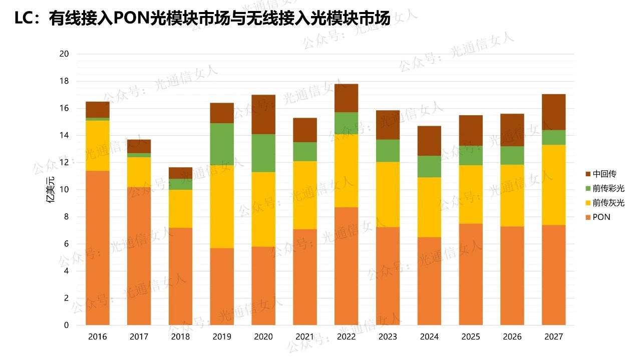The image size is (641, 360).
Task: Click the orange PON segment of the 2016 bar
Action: point(98,248)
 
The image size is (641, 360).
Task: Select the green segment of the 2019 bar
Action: point(222,145)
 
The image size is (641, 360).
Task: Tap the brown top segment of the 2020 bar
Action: point(263,114)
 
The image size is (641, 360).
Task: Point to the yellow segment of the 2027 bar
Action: point(554,185)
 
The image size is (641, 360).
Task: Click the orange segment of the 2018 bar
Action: point(180,276)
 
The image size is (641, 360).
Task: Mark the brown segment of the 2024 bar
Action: point(429,141)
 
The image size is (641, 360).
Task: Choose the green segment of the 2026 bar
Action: point(512,155)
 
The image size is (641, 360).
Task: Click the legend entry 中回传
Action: point(604,174)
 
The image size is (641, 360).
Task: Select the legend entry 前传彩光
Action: point(608,188)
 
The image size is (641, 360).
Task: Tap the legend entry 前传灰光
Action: point(608,203)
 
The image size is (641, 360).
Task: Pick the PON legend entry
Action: point(601,217)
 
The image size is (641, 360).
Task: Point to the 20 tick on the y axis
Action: point(64,54)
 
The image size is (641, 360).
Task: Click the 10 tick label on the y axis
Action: point(64,190)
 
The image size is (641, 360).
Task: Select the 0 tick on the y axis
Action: point(66,325)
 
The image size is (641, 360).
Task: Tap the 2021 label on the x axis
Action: point(305,336)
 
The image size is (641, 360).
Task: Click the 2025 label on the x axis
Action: point(471,336)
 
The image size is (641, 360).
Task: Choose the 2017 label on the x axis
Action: point(139,336)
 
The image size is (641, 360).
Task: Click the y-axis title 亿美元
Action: point(50,189)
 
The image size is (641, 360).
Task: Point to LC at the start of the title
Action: point(24,19)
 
